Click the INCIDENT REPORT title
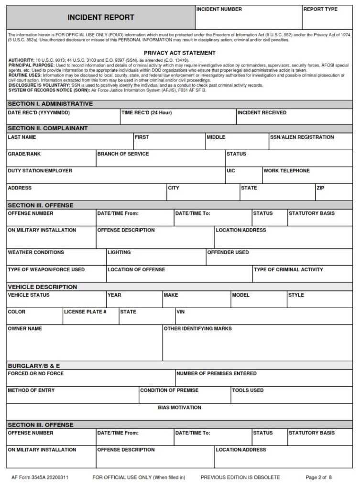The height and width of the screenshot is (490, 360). pos(100,18)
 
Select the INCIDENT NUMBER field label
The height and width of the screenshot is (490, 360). pos(219,9)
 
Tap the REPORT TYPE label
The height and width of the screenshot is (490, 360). pos(320,9)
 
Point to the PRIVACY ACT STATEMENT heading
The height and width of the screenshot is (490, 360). pos(179,53)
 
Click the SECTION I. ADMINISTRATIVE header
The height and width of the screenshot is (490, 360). pos(50,104)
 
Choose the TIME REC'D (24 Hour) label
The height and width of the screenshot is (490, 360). pos(146,113)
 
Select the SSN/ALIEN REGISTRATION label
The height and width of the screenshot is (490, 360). pos(302,137)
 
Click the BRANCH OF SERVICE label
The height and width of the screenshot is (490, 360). pos(123,154)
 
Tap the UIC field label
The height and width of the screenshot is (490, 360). pos(231,171)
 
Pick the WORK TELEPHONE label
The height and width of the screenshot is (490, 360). pos(286,171)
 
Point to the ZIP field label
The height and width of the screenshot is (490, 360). pos(320,188)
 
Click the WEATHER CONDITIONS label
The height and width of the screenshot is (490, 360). pos(36,252)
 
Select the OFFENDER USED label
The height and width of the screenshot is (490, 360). pos(228,252)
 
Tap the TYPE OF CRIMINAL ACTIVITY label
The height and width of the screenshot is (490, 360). pos(288,269)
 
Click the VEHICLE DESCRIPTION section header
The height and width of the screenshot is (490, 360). pos(42,287)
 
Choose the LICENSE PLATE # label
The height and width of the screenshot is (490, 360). pos(85,312)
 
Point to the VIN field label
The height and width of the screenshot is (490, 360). pos(180,312)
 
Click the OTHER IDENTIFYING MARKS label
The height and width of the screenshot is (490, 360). pos(197,329)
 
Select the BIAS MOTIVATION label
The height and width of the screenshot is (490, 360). pos(179,408)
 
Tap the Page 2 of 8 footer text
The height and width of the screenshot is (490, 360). pos(318,477)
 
